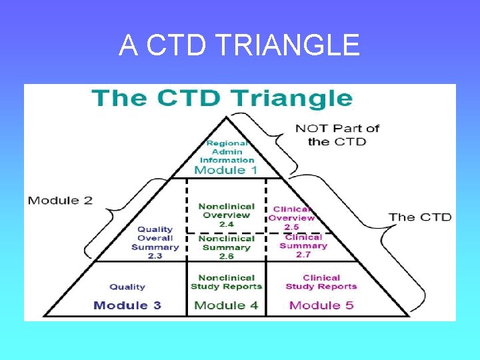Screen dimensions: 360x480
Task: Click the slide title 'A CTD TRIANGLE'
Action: [x=239, y=45]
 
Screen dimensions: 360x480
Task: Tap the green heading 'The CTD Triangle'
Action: [x=223, y=98]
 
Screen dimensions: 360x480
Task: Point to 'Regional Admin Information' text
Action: [x=227, y=151]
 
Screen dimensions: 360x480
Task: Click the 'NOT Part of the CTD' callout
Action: [x=337, y=135]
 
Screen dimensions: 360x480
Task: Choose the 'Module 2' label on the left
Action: [x=60, y=201]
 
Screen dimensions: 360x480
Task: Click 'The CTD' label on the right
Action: [x=420, y=217]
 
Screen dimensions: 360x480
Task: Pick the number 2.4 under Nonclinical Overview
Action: [x=226, y=225]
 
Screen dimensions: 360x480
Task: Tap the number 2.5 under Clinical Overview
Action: [x=291, y=227]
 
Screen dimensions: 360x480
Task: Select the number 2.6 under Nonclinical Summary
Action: [x=226, y=257]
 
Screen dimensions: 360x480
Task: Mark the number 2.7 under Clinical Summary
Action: [x=303, y=255]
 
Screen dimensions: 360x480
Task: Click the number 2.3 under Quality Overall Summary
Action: [x=155, y=256]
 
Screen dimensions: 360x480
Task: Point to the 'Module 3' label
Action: [x=127, y=305]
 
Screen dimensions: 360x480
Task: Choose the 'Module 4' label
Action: [x=226, y=305]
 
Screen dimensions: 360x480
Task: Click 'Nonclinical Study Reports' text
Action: [x=226, y=282]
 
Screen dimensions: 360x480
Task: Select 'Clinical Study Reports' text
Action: [x=321, y=282]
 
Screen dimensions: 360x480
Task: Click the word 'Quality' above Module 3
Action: [x=127, y=287]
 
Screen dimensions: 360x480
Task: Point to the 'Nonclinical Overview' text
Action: [x=226, y=211]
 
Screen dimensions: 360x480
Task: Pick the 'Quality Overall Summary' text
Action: [x=155, y=238]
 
